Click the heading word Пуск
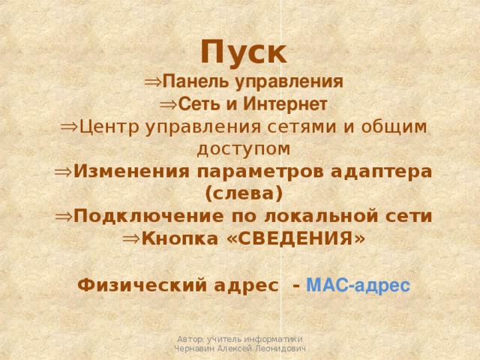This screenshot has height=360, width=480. coord(243,53)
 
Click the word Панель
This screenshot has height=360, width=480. coord(189,81)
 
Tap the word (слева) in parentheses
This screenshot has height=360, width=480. coord(243,193)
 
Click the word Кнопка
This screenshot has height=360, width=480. coord(175,239)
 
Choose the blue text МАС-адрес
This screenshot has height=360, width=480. coord(358,285)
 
